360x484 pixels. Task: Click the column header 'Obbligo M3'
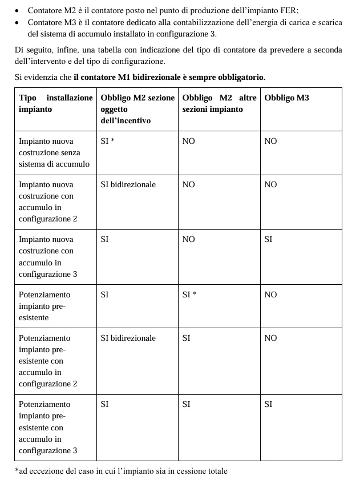(x=286, y=98)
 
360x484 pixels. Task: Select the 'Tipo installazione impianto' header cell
(x=55, y=103)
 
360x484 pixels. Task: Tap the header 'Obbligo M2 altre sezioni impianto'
(x=219, y=103)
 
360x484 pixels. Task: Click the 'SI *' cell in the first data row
(x=108, y=141)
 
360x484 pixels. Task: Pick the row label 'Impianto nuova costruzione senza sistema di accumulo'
(x=54, y=152)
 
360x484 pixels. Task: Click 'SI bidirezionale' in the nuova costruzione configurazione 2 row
(x=128, y=184)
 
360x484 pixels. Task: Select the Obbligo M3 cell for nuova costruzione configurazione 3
(x=268, y=239)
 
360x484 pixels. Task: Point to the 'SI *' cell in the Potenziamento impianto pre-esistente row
(x=189, y=295)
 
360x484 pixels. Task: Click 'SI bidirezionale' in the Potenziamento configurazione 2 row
(x=128, y=338)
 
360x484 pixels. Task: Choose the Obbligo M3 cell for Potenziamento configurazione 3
(x=268, y=404)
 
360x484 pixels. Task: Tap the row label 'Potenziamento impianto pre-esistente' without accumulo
(x=45, y=306)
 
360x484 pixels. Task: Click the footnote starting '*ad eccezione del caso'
(x=121, y=471)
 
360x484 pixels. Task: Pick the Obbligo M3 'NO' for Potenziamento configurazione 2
(x=270, y=338)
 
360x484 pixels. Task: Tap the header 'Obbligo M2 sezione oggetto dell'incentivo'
(x=137, y=109)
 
